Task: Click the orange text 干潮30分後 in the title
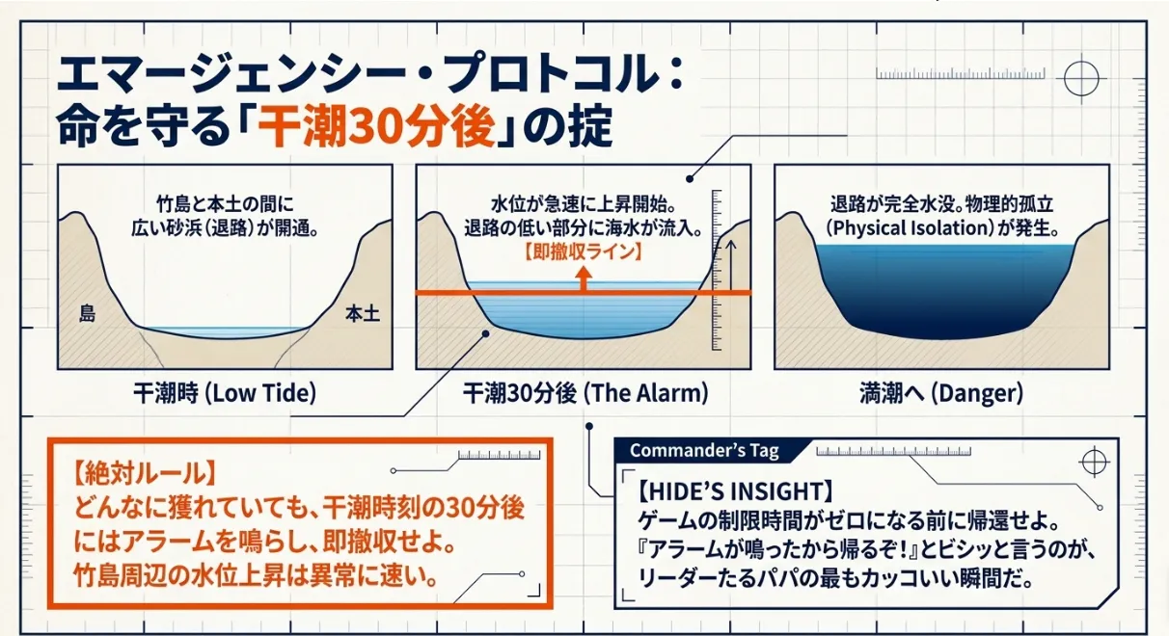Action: pos(376,128)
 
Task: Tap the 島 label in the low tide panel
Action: pos(87,313)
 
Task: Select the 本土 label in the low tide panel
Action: pos(363,314)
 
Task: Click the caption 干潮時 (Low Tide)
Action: pos(225,392)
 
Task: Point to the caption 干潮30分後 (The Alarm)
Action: pos(585,392)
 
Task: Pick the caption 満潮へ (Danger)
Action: pos(941,393)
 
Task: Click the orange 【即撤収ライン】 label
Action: pos(584,252)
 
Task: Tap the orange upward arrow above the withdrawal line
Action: pos(584,278)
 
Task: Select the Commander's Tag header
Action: pos(704,450)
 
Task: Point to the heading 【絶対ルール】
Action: pos(143,474)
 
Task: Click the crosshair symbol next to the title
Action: pos(1081,79)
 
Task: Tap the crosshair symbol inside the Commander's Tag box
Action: pos(1095,462)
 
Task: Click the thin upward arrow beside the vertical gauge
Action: pos(731,265)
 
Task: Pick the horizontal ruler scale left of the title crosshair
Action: pos(961,73)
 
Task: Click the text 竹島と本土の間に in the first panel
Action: pos(225,204)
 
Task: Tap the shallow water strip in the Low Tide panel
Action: pos(223,332)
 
